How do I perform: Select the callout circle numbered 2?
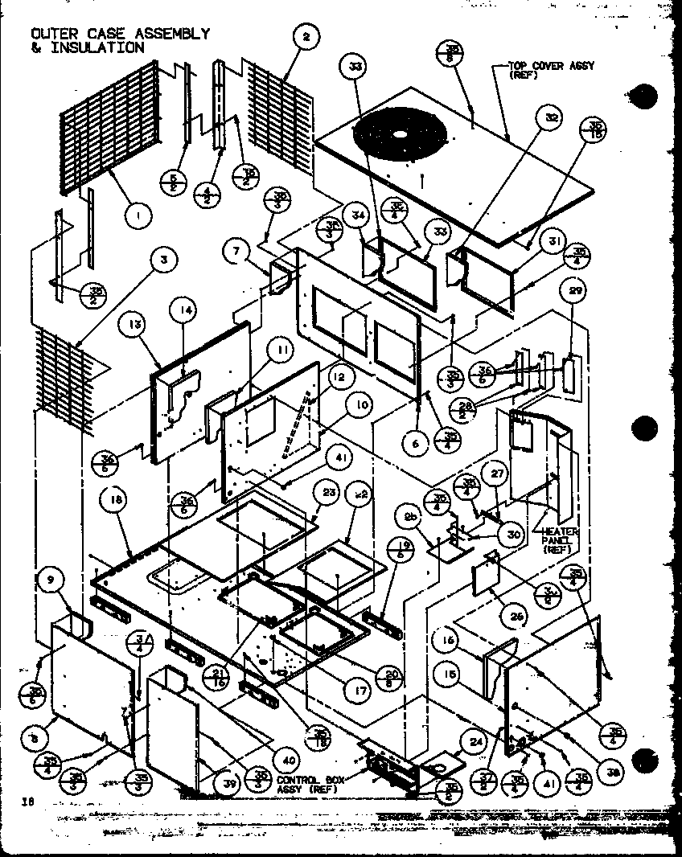click(x=306, y=36)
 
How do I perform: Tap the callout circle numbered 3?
click(x=163, y=260)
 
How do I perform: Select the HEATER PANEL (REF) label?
click(x=561, y=540)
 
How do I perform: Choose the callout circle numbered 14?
click(x=183, y=310)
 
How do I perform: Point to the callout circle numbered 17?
click(x=351, y=688)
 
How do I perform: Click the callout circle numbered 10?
click(x=361, y=404)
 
